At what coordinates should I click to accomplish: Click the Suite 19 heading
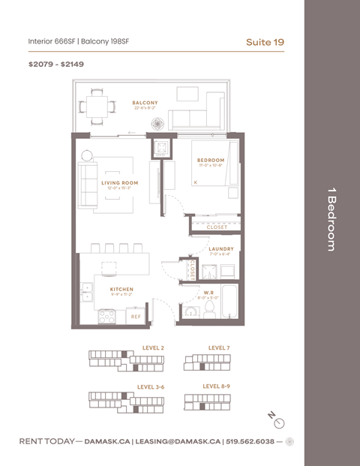pyautogui.click(x=265, y=41)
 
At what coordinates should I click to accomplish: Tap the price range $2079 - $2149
pyautogui.click(x=56, y=65)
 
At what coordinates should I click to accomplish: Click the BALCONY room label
pyautogui.click(x=145, y=103)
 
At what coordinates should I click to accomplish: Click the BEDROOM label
pyautogui.click(x=211, y=160)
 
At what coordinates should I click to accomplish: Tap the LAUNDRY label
pyautogui.click(x=220, y=249)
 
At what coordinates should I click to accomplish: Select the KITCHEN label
pyautogui.click(x=121, y=289)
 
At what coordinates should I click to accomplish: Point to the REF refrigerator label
pyautogui.click(x=136, y=317)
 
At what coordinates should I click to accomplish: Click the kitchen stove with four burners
pyautogui.click(x=107, y=317)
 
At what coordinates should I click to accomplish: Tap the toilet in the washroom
pyautogui.click(x=211, y=307)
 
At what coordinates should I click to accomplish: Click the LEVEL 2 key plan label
pyautogui.click(x=154, y=348)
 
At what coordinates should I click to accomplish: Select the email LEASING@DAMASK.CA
pyautogui.click(x=178, y=441)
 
